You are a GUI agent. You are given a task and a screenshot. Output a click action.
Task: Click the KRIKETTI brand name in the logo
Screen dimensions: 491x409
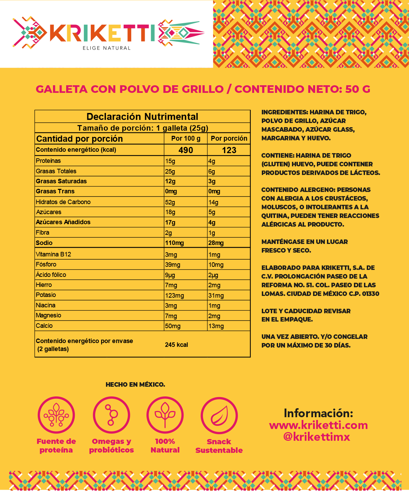(103, 33)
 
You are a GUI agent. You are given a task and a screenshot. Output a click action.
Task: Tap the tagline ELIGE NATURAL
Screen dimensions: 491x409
(106, 48)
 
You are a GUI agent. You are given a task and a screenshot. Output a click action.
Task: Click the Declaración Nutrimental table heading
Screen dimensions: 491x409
(142, 116)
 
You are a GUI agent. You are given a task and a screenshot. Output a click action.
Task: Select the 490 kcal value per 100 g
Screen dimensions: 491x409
(186, 150)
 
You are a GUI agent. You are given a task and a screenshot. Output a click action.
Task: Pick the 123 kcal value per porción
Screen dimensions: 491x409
(229, 150)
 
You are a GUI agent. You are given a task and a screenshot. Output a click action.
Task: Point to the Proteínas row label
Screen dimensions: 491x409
(48, 161)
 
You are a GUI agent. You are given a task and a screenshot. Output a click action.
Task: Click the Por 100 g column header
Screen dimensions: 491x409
(186, 138)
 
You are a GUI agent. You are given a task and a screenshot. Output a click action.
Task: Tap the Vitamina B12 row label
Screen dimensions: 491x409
(53, 254)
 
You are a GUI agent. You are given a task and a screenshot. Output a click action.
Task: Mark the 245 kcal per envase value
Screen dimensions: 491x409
(176, 345)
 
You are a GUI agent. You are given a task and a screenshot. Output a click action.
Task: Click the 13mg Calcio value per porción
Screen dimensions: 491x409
(216, 326)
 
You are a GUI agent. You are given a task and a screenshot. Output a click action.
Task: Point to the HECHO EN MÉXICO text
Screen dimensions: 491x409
(135, 384)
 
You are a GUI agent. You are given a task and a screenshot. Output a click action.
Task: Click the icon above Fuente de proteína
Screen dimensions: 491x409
(56, 415)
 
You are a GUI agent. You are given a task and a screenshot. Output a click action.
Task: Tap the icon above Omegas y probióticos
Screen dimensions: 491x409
(111, 415)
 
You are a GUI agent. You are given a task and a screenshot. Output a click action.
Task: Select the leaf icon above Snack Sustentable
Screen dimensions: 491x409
(219, 415)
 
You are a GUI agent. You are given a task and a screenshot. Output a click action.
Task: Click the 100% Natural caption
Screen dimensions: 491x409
(165, 446)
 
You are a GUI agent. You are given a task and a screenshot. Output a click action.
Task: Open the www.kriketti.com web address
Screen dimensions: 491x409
(318, 425)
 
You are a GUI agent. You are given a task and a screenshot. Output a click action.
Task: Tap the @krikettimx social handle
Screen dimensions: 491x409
(317, 437)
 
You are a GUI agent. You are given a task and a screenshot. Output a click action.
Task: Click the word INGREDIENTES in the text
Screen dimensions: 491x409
(284, 112)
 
